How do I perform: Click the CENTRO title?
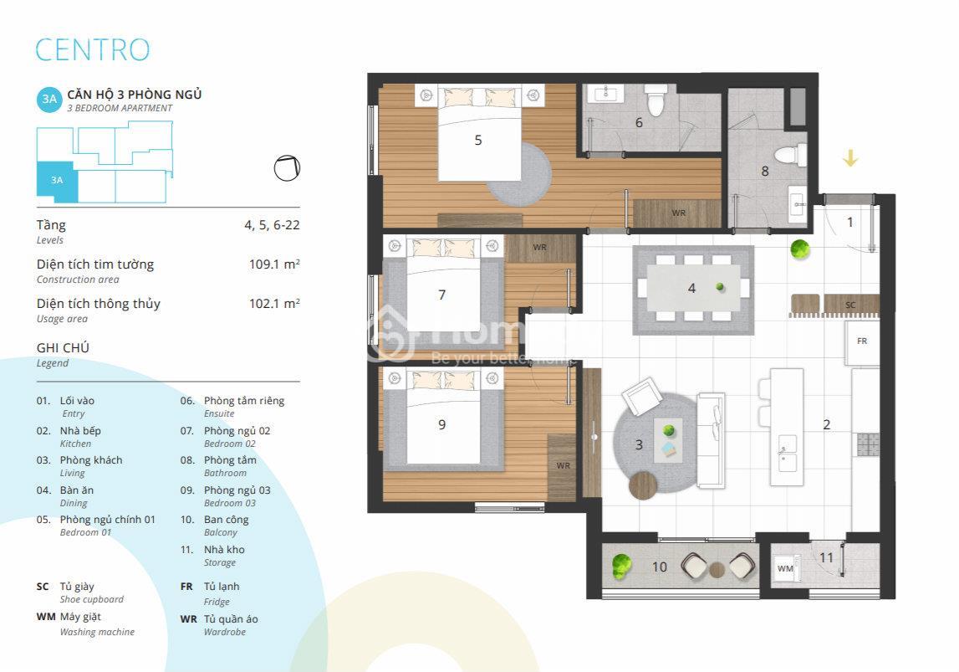click(92, 49)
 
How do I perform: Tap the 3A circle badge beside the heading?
click(49, 99)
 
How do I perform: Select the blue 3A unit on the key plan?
click(57, 182)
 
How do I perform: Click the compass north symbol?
click(287, 167)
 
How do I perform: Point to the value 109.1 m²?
click(274, 264)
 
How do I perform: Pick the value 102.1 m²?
click(274, 304)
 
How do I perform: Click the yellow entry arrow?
click(850, 158)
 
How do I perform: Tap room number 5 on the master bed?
click(478, 140)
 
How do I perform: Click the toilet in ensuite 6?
click(655, 100)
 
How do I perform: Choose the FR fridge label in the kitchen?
click(862, 341)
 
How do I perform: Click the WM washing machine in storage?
click(785, 568)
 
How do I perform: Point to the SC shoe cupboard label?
click(850, 305)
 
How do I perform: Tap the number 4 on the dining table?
click(691, 288)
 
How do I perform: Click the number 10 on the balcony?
click(660, 567)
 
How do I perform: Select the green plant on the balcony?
click(620, 566)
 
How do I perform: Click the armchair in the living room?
click(641, 397)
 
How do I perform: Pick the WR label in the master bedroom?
click(678, 213)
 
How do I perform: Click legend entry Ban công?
click(227, 520)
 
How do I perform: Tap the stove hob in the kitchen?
click(868, 445)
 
